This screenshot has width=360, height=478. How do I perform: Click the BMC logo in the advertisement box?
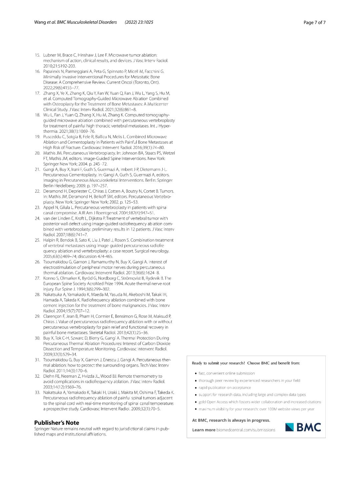pos(303,427)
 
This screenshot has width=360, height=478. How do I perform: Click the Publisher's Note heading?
pos(56,423)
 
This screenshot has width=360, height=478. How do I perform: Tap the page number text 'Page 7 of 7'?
pos(314,22)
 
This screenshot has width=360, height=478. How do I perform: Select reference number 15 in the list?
pos(37,55)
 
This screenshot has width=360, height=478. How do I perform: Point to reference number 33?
pos(37,392)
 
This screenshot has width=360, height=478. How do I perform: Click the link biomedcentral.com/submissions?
pos(246,430)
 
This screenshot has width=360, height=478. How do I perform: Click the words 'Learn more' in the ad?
pos(204,430)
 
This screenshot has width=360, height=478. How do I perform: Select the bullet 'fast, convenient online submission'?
pos(226,373)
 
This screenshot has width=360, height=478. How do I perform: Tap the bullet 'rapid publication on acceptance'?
pos(224,388)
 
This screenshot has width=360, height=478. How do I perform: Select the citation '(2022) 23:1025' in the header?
pos(139,22)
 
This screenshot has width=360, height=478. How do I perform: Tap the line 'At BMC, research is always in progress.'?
pos(231,420)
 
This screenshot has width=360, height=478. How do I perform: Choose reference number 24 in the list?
pos(37,218)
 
